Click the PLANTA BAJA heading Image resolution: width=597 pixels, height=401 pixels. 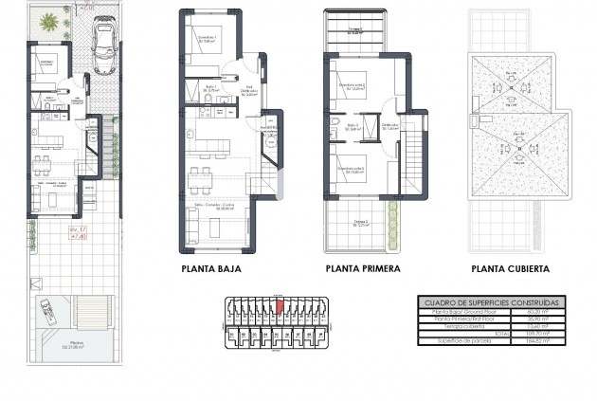[x=210, y=269]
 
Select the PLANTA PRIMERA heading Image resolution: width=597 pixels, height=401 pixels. [x=362, y=269]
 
